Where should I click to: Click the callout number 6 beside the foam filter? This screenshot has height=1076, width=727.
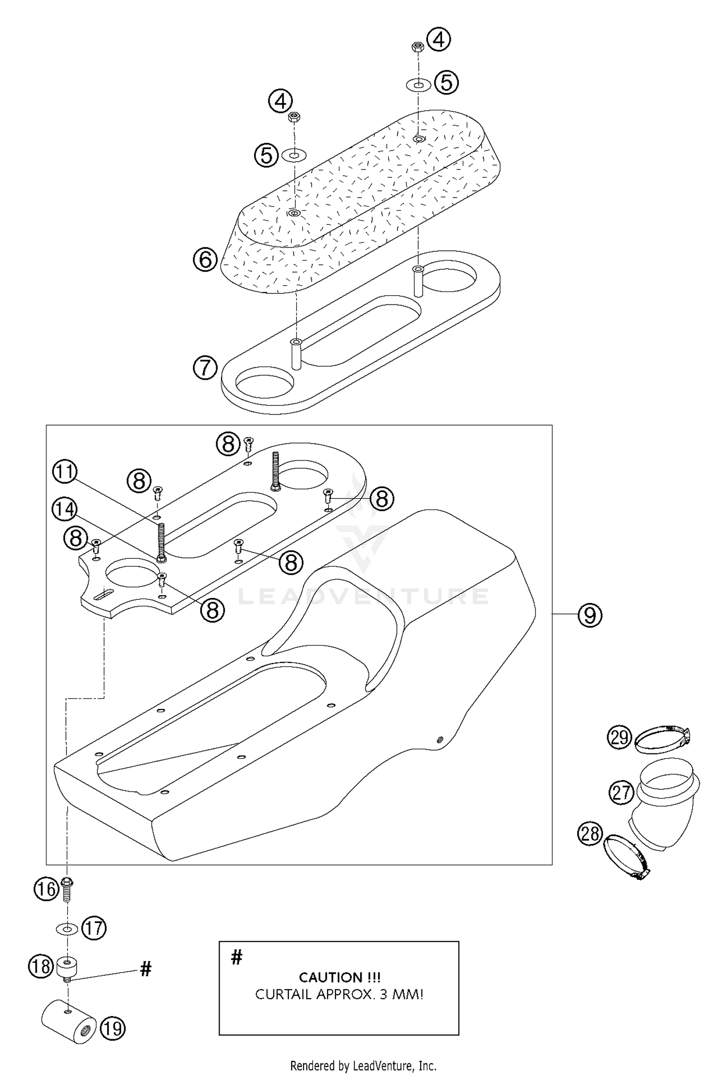205,260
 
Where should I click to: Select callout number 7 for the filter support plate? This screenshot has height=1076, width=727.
205,368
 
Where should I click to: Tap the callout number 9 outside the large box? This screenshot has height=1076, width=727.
589,615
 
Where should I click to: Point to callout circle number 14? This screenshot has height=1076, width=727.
65,510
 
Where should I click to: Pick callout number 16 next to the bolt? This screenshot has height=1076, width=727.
47,890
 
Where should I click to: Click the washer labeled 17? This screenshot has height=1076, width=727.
67,928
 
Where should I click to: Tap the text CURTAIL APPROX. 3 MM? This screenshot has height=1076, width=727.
339,995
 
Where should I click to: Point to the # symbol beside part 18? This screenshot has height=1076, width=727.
145,968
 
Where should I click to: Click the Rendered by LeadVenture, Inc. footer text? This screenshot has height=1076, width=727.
363,1065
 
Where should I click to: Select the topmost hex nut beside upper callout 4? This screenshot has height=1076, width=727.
418,46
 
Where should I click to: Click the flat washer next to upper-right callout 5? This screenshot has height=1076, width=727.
418,85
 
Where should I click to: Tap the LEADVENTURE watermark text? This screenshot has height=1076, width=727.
363,597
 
